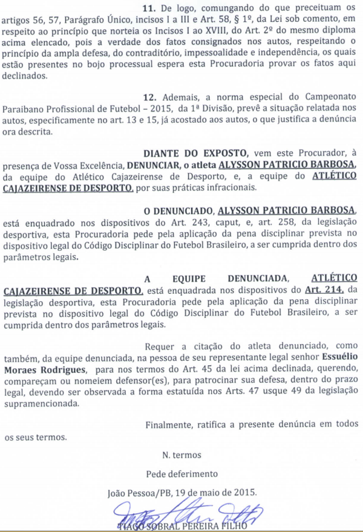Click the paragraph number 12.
149,96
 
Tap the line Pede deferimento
181,473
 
